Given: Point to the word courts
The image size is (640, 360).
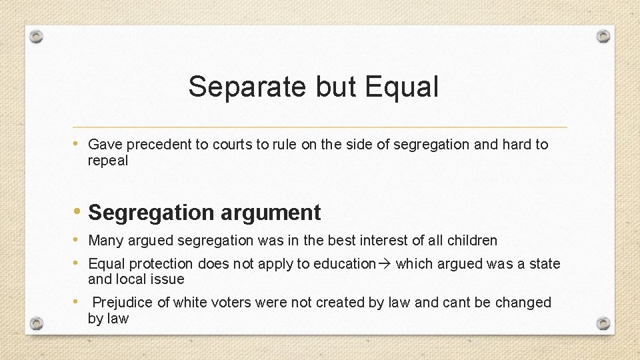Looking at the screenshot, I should point(231,145).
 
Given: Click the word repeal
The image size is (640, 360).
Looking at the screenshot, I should point(108,161).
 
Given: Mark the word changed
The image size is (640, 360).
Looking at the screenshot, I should point(524,303).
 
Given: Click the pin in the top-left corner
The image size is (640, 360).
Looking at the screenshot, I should point(37,36).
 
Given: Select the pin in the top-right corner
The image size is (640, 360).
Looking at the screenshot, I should point(603,36).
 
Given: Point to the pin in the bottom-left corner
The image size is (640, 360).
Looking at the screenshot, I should point(37,323).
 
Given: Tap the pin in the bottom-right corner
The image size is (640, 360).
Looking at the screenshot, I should point(603,323).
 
